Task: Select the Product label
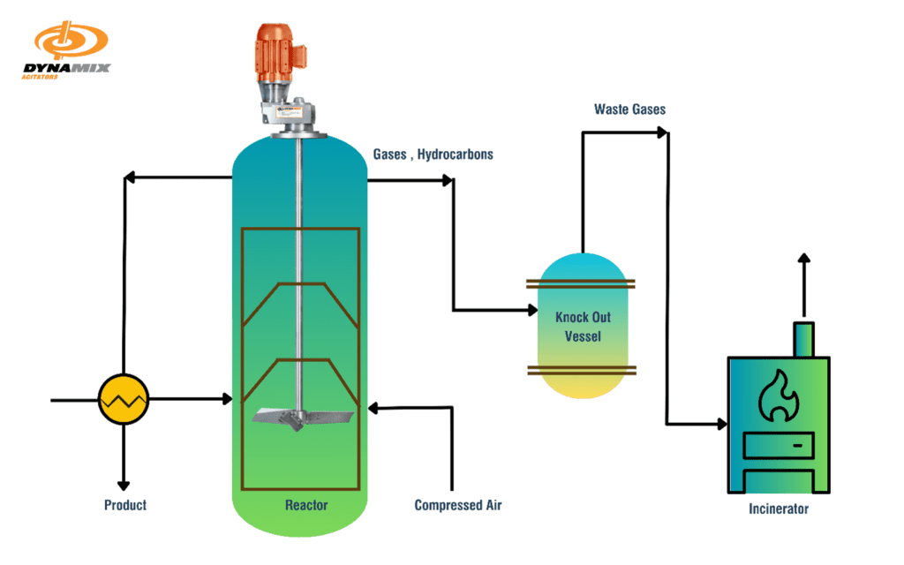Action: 125,506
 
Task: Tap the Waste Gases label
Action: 629,109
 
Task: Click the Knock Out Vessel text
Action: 583,327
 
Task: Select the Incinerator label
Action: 778,509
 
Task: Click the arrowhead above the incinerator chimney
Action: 803,259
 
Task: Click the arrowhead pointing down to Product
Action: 124,484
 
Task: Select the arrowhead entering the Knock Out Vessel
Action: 532,311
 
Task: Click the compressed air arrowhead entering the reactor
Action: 373,408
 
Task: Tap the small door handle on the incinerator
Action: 798,447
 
